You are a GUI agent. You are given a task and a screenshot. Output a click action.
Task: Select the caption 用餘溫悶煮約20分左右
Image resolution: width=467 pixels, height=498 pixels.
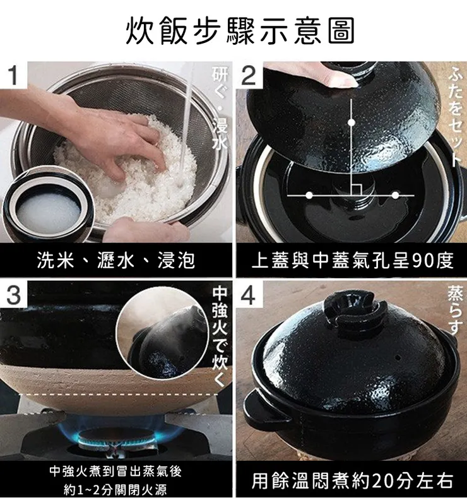tap(352, 481)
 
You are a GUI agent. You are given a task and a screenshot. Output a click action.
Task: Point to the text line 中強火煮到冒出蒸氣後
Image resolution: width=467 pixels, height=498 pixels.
tap(116, 472)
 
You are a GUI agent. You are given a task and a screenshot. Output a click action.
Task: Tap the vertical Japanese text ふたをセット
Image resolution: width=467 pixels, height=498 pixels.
tap(456, 117)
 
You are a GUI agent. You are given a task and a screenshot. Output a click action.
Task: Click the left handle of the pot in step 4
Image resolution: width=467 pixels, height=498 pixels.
tap(256, 403)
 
